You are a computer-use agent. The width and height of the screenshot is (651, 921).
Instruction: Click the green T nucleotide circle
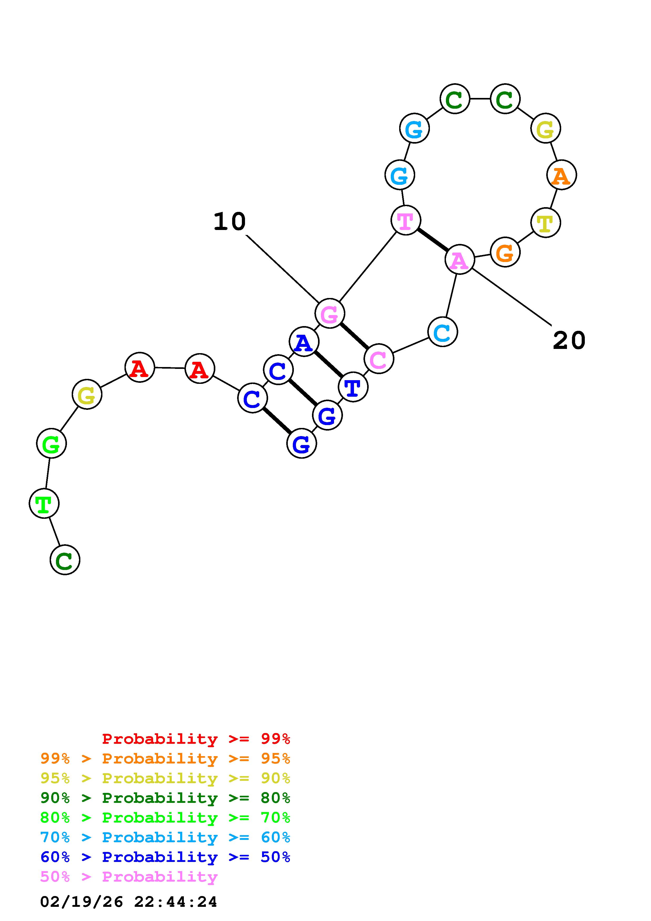[x=44, y=503]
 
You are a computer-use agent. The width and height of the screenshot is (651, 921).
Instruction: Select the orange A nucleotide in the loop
[x=561, y=175]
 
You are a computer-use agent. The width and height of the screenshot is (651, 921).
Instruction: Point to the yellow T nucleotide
[x=545, y=223]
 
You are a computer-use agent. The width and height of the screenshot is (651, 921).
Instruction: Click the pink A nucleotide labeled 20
[x=460, y=260]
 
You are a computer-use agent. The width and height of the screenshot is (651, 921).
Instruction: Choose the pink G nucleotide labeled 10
[x=329, y=313]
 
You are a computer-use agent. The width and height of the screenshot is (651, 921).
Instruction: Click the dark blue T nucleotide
[x=353, y=387]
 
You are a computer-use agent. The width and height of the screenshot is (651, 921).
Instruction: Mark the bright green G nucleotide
[x=51, y=443]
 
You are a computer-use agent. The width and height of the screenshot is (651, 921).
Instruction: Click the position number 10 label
[x=230, y=221]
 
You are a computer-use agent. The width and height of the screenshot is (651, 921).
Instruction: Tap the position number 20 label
[x=569, y=341]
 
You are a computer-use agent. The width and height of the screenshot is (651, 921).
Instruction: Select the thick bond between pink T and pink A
[x=433, y=239]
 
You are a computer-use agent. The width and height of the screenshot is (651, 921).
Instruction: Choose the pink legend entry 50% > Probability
[x=129, y=876]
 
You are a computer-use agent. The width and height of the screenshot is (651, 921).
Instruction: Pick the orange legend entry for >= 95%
[x=165, y=758]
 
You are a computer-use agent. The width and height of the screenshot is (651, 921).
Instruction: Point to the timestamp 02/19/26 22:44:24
[x=129, y=901]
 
